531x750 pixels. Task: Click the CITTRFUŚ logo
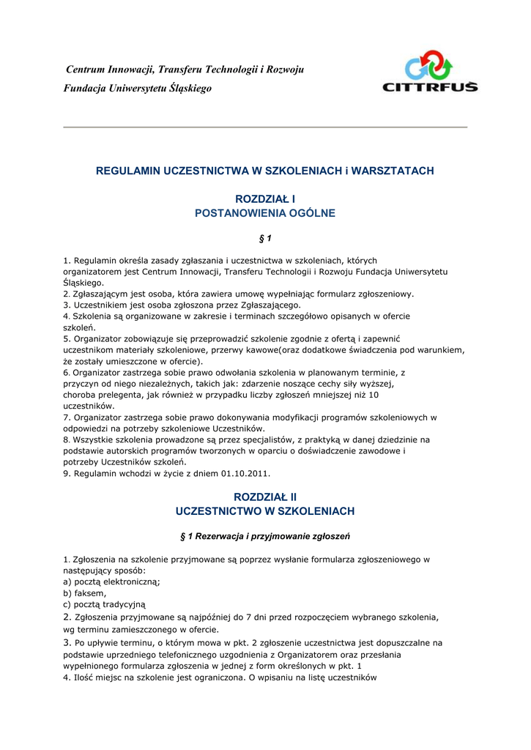(x=430, y=71)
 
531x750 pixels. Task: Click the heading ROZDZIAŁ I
(x=265, y=198)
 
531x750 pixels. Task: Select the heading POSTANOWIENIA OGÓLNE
(x=265, y=213)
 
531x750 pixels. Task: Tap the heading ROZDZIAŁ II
(x=265, y=497)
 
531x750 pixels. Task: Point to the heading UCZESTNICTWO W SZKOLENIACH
(x=265, y=510)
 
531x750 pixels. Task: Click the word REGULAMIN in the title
(x=129, y=171)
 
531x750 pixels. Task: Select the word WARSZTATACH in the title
(x=393, y=171)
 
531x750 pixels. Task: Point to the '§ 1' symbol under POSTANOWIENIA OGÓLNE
(x=265, y=239)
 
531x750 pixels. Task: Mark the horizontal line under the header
(x=265, y=127)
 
